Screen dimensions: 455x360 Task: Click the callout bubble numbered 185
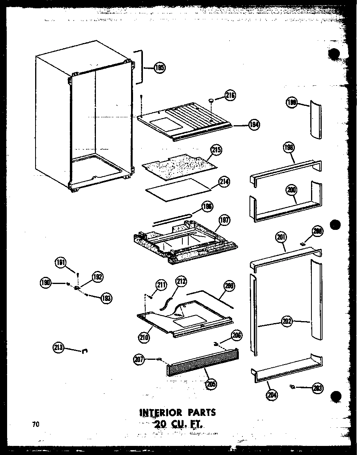160,68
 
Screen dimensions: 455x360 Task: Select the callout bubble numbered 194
254,125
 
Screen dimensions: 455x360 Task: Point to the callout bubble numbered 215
216,150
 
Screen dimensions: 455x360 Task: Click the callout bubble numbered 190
46,282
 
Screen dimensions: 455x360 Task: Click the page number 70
36,425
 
